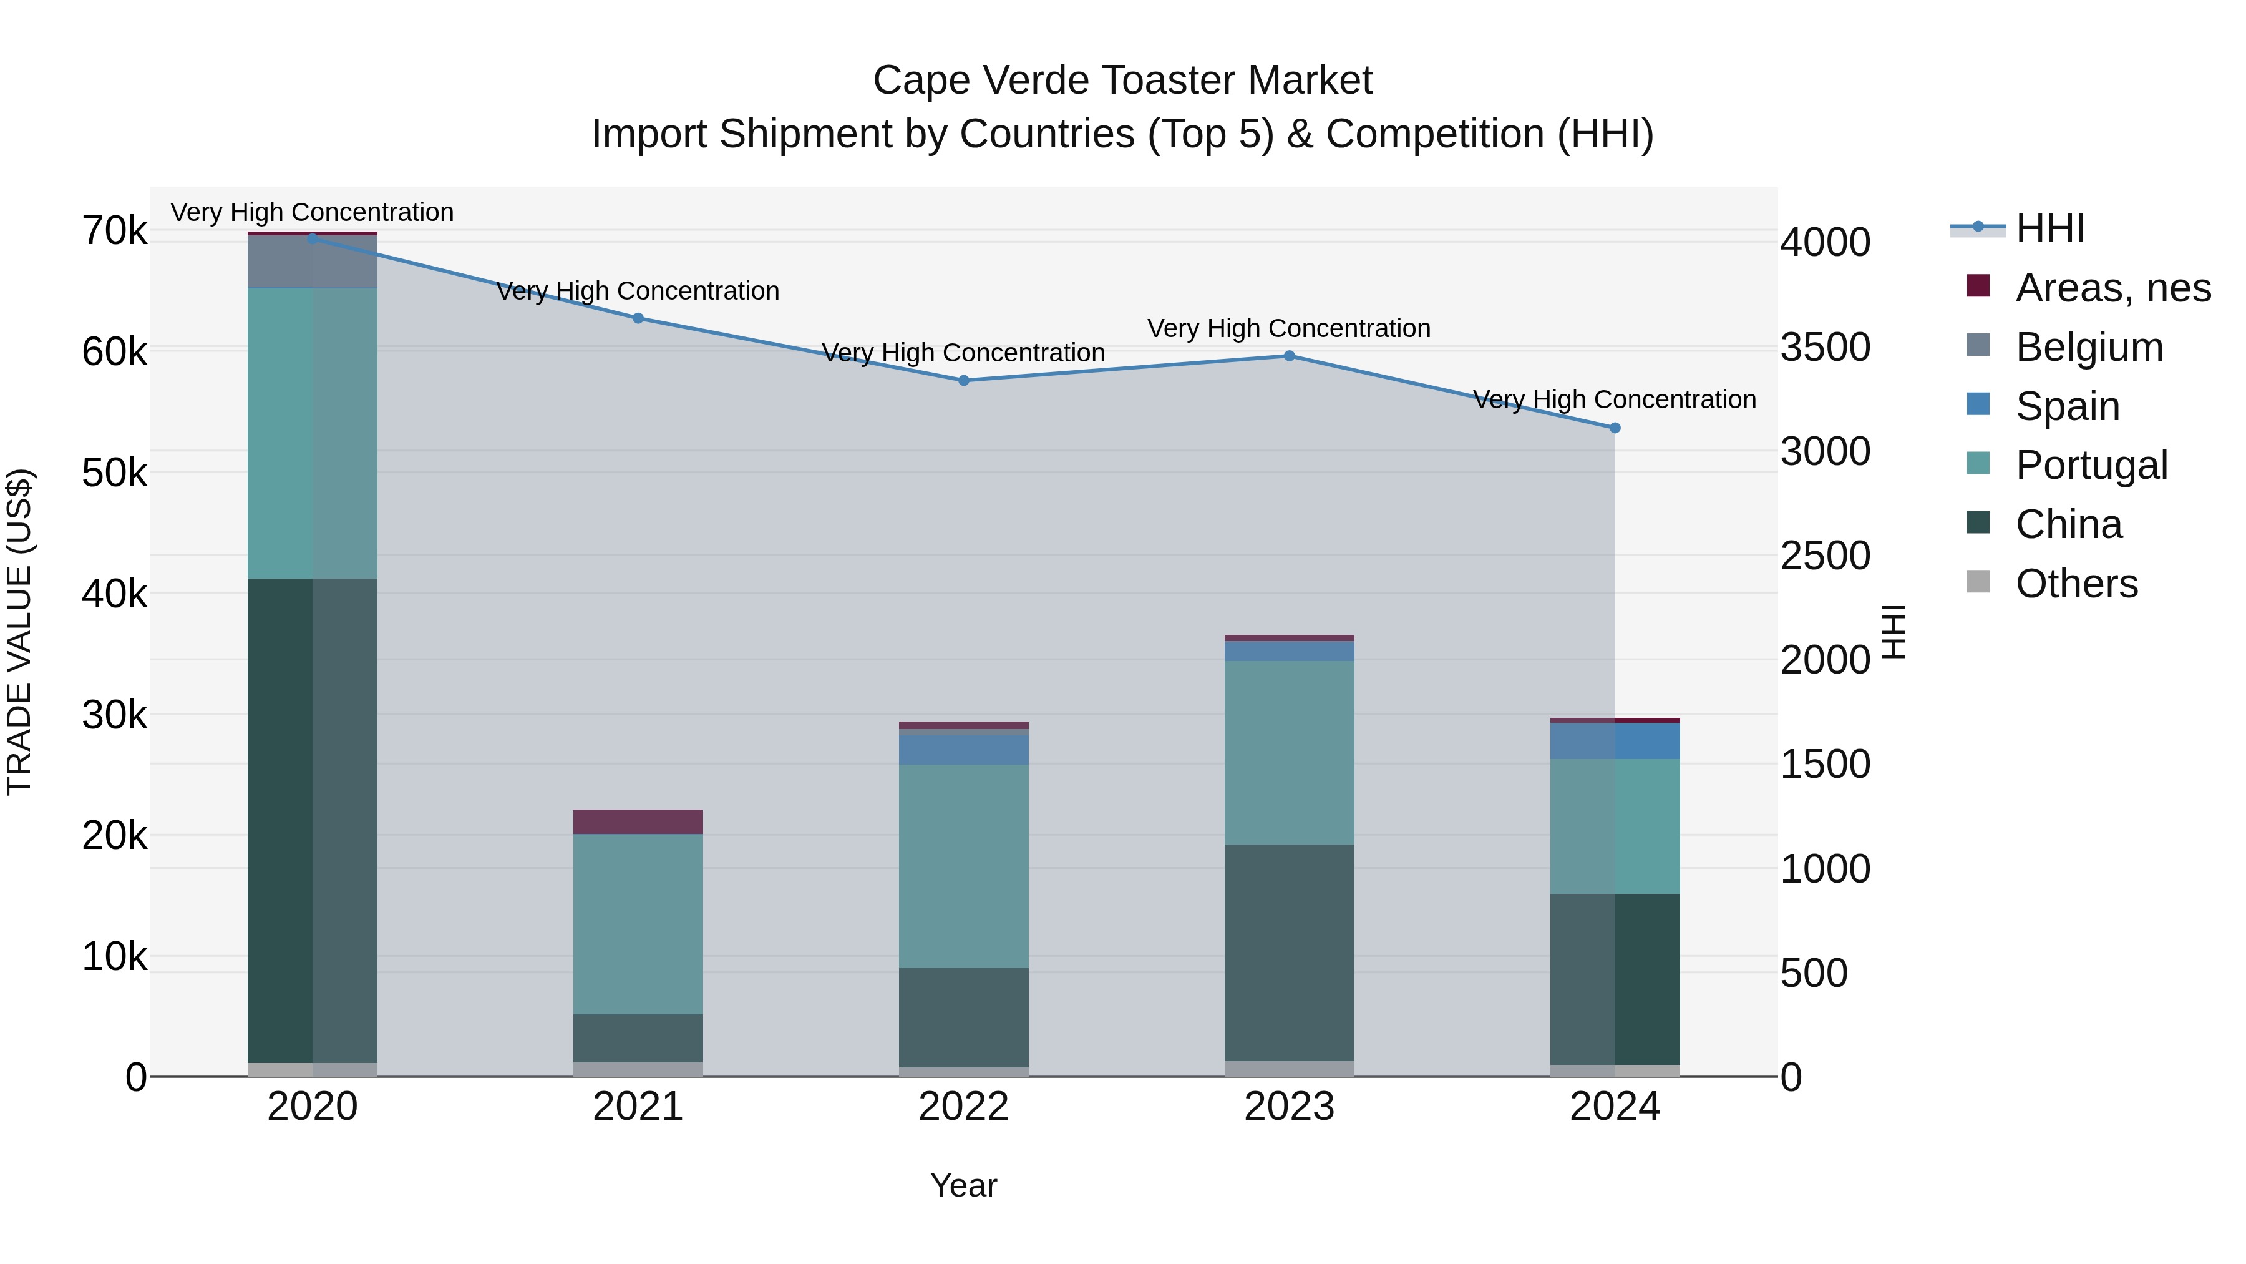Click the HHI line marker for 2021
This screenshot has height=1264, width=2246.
pyautogui.click(x=638, y=318)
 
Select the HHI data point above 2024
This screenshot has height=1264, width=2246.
pyautogui.click(x=1615, y=428)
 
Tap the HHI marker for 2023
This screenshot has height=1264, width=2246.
pyautogui.click(x=1290, y=356)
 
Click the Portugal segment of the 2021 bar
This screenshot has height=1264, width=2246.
pyautogui.click(x=638, y=924)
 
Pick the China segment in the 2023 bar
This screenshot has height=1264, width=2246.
pyautogui.click(x=1290, y=953)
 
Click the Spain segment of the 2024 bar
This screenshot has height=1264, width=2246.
pyautogui.click(x=1615, y=740)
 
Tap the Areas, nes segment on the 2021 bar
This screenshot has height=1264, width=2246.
pyautogui.click(x=638, y=821)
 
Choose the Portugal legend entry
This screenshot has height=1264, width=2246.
pyautogui.click(x=2091, y=465)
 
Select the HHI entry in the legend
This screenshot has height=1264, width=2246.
pyautogui.click(x=2049, y=228)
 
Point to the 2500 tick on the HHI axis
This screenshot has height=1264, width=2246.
pyautogui.click(x=1825, y=556)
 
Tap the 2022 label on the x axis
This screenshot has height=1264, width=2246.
pyautogui.click(x=963, y=1107)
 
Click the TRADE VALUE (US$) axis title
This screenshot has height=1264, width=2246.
pyautogui.click(x=19, y=632)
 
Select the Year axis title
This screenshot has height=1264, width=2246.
pyautogui.click(x=963, y=1185)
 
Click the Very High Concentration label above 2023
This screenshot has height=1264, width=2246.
pyautogui.click(x=1289, y=329)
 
